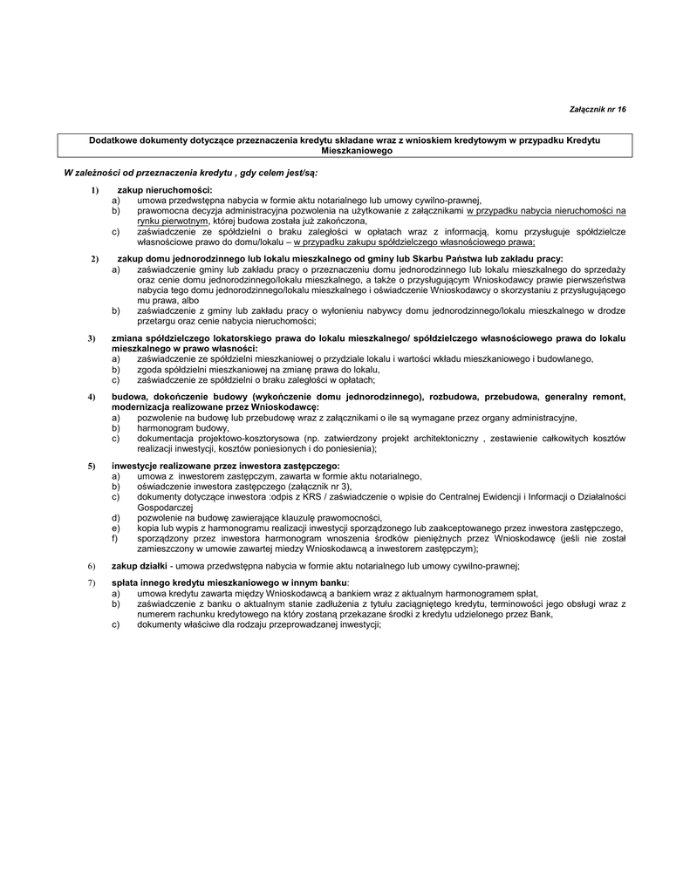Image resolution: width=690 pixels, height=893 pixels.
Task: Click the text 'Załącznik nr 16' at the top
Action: point(598,109)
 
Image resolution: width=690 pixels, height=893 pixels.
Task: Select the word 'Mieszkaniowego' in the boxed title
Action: point(345,151)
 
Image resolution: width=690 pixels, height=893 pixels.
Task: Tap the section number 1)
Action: point(94,189)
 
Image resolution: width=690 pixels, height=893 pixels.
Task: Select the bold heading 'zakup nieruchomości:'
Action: point(165,189)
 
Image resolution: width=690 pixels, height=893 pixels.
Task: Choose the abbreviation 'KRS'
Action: point(304,497)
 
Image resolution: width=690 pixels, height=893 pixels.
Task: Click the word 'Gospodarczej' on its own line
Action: point(164,507)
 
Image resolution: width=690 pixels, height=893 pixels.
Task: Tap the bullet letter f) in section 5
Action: point(115,538)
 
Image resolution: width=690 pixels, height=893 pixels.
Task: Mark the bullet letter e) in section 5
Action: point(115,528)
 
